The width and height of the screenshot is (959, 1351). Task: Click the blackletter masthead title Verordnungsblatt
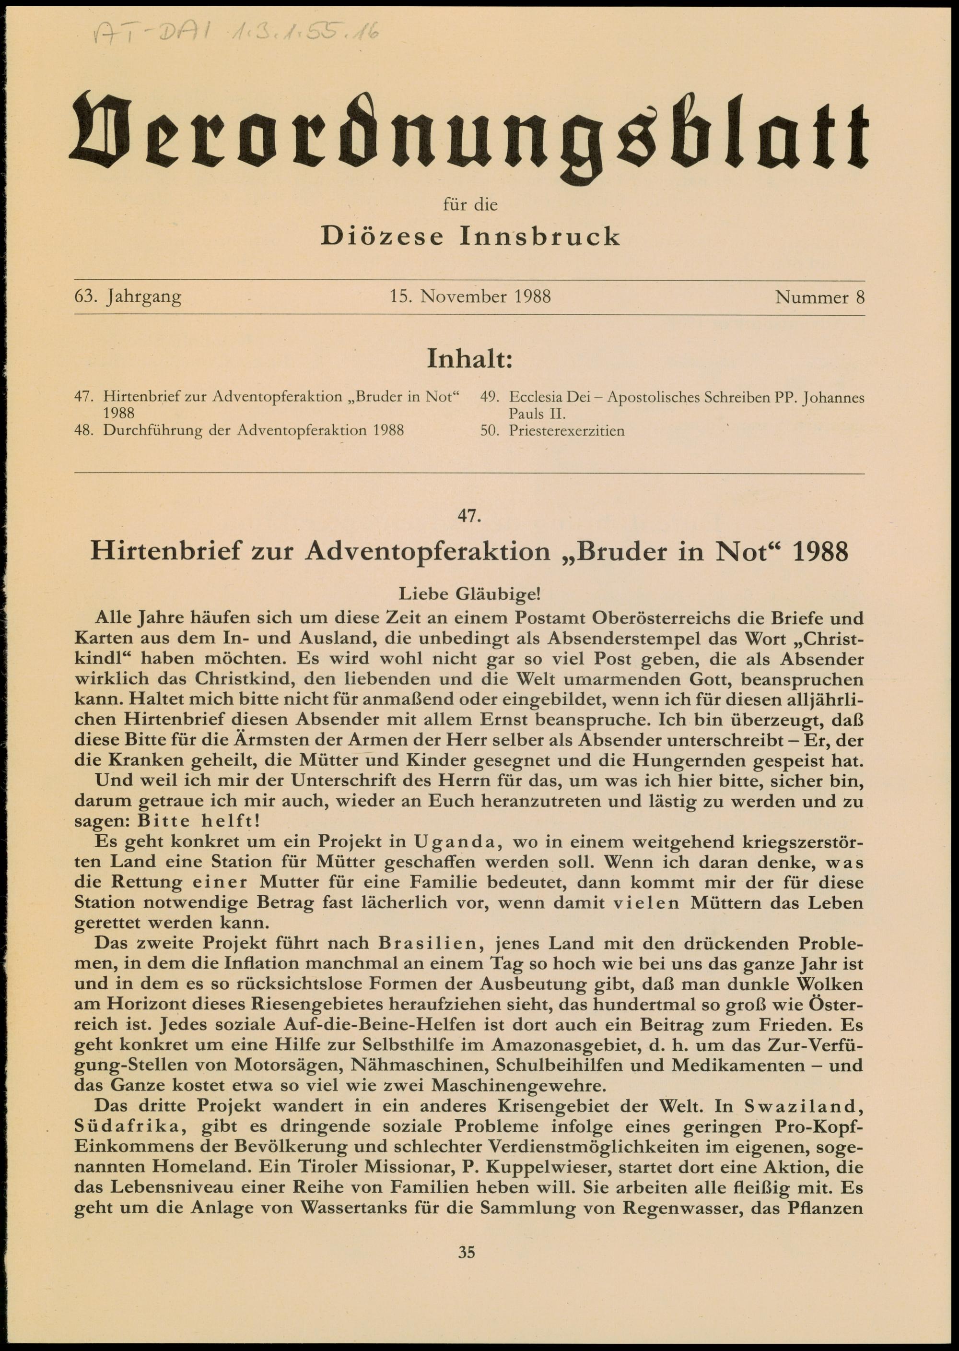[469, 136]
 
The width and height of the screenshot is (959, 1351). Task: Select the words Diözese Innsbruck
[470, 237]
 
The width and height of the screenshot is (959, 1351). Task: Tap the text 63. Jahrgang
[128, 296]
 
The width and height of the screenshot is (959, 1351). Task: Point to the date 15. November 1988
[470, 296]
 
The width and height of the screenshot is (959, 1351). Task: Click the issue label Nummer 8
[819, 296]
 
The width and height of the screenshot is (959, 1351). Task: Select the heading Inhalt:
[469, 358]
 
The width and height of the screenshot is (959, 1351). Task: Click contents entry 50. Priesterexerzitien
[552, 431]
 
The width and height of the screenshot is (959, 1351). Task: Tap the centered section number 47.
[469, 516]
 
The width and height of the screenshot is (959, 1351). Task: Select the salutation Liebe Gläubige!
[469, 593]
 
